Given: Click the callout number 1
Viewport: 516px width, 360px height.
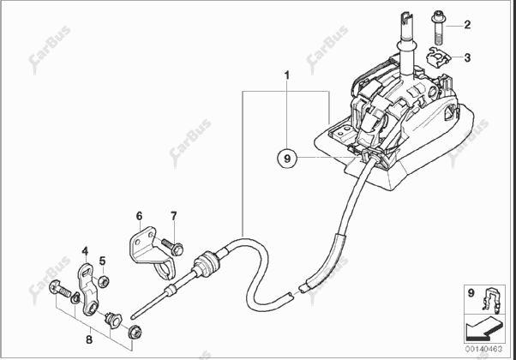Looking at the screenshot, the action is point(287,75).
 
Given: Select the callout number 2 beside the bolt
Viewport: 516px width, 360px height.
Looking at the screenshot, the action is point(467,25).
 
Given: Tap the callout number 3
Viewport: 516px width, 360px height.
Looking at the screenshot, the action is point(467,58).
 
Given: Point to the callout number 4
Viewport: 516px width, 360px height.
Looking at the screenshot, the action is point(85,251).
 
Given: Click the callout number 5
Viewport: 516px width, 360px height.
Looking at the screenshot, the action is point(103,261).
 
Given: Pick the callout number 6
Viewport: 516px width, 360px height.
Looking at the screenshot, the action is point(139,216).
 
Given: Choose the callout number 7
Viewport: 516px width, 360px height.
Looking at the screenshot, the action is point(174,216).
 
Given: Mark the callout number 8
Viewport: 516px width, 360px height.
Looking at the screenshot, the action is point(89,339).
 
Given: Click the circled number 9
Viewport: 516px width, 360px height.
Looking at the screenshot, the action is point(287,159).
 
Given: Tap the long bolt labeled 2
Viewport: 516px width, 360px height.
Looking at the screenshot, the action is point(437,27).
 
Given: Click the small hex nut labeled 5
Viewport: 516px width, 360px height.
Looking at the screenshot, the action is point(105,281).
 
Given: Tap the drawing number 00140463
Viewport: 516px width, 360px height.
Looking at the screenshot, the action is point(483,349).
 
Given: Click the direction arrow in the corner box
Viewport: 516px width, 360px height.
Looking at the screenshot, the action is point(484,327).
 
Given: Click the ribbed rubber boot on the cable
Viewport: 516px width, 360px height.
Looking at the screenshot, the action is point(207,264).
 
